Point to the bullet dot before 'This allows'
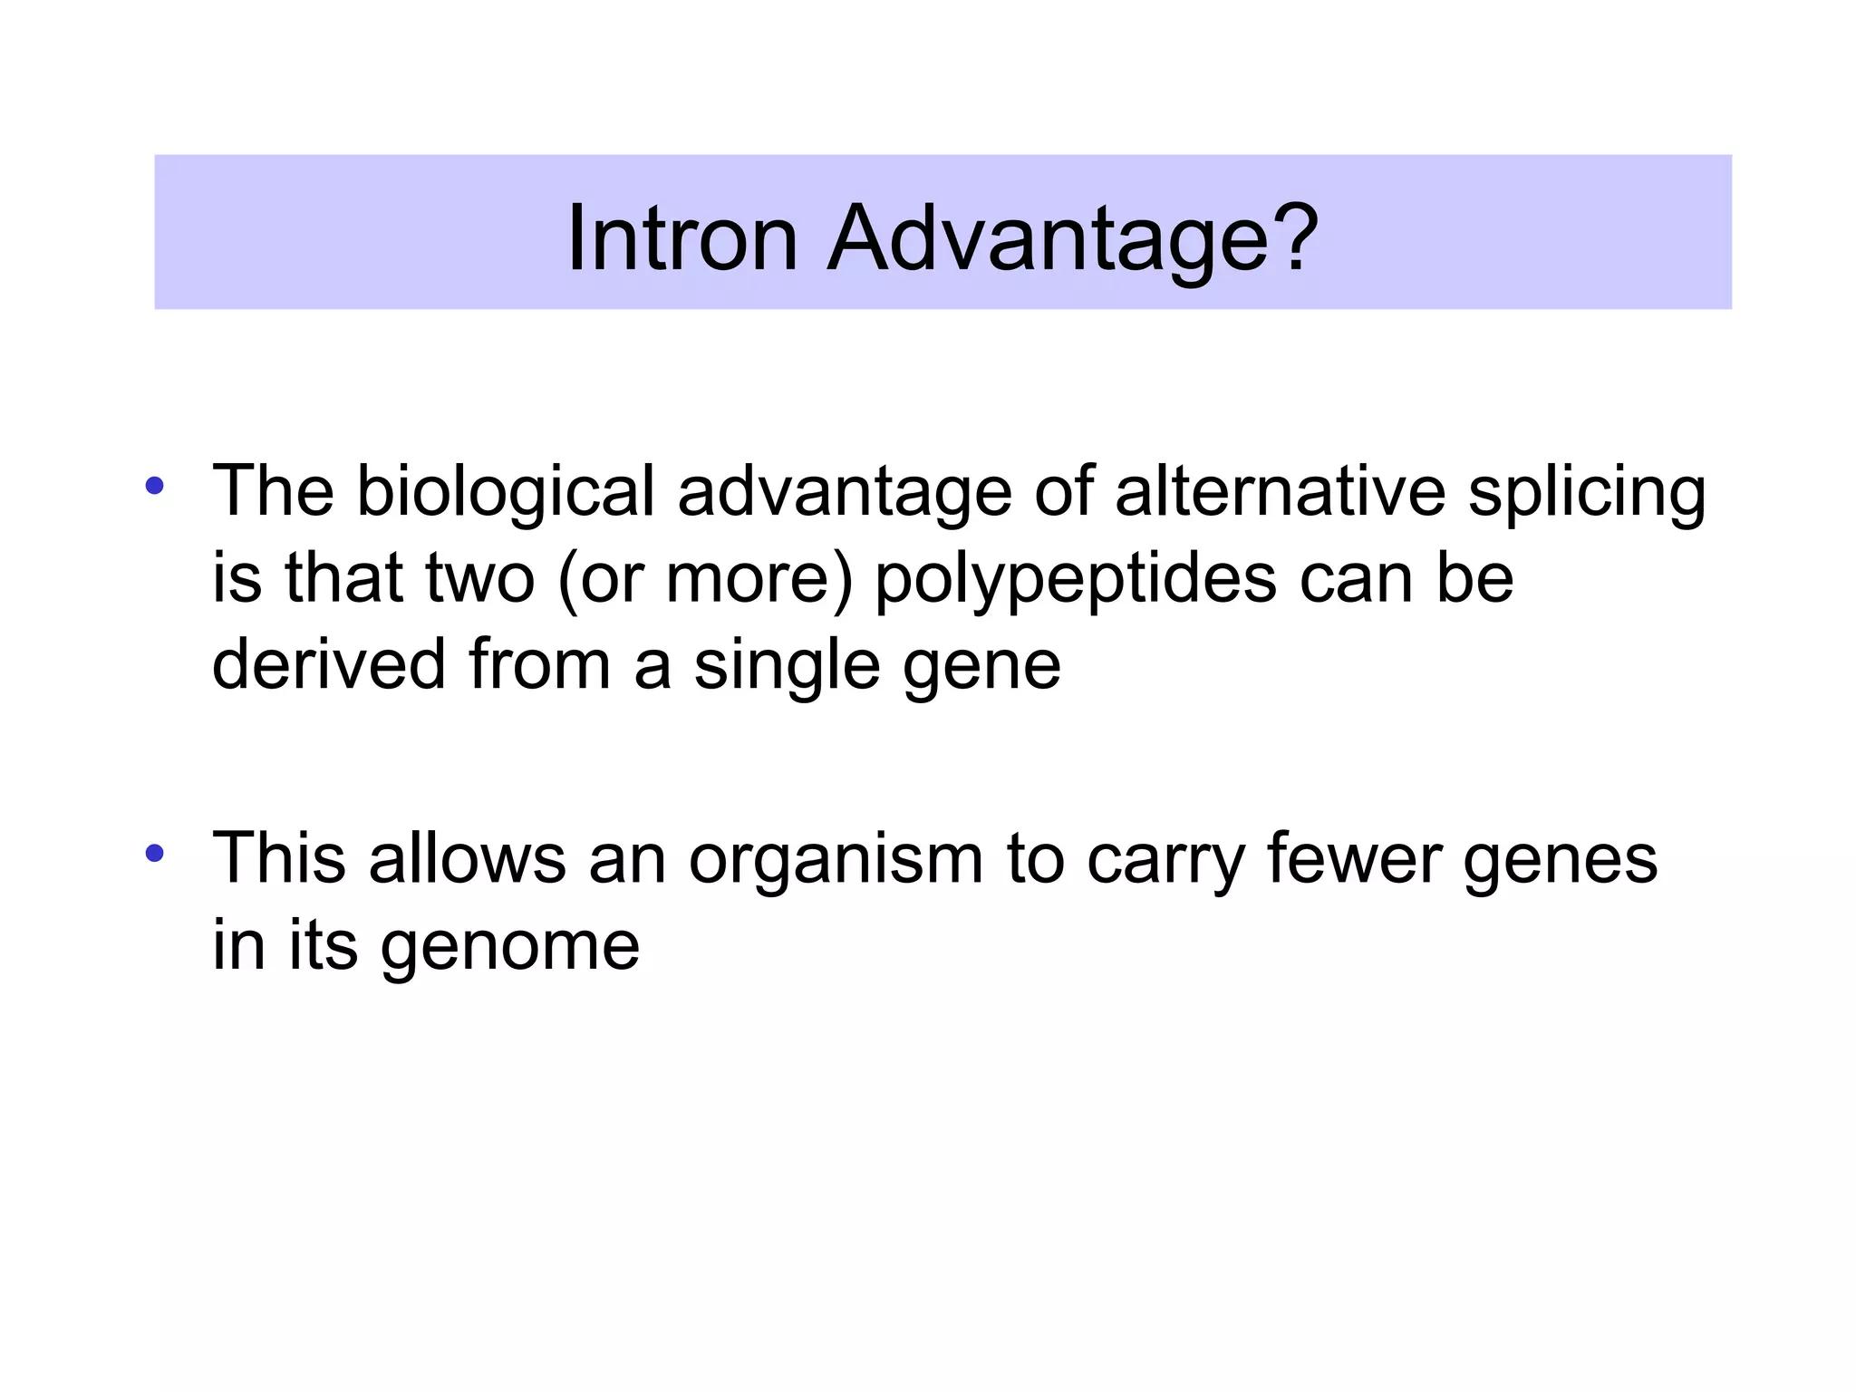click(x=154, y=852)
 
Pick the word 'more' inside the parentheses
click(x=748, y=580)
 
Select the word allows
click(x=467, y=859)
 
